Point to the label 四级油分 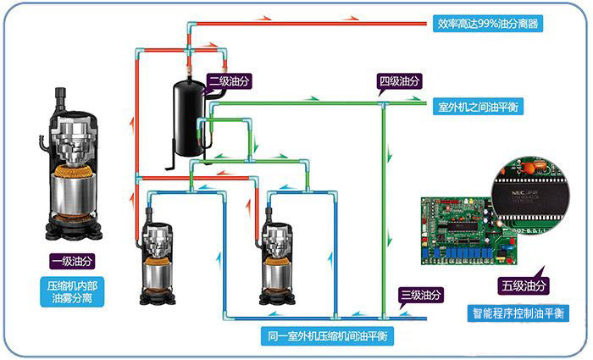[399, 82]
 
